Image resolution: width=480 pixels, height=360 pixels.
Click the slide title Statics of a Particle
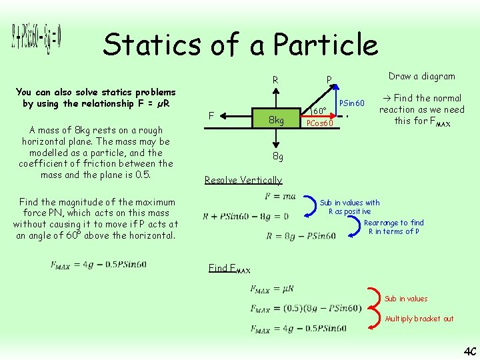(240, 45)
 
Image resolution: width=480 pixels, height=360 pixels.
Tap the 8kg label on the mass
(276, 120)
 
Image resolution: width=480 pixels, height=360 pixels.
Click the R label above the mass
(275, 81)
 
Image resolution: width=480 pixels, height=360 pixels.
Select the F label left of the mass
(211, 116)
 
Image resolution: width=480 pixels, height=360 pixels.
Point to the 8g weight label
(277, 157)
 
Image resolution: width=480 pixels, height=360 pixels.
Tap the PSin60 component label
(352, 103)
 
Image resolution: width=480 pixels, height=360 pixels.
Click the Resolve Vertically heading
(243, 180)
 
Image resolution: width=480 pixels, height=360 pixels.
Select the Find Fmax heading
(229, 268)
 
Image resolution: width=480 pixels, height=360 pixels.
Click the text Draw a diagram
(421, 76)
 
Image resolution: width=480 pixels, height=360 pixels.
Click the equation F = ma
(280, 196)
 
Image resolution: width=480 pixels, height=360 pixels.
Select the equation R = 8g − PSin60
(301, 235)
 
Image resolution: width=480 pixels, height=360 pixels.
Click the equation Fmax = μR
(271, 289)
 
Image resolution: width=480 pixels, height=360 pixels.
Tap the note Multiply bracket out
(419, 319)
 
